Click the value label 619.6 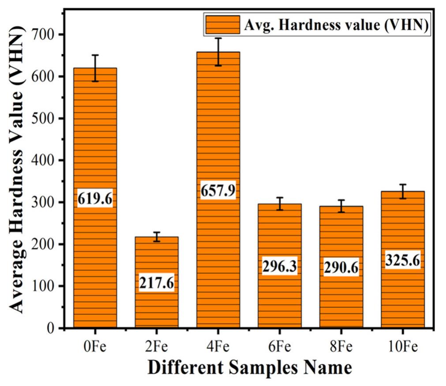(x=95, y=199)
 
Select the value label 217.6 (x=157, y=283)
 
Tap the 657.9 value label (x=218, y=191)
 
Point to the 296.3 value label (x=280, y=266)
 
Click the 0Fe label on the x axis (x=95, y=347)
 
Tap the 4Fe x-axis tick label (x=218, y=347)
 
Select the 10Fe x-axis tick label (x=402, y=347)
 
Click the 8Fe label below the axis (x=341, y=347)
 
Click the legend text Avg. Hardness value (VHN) (x=337, y=26)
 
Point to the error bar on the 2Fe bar (x=157, y=236)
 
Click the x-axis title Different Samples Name (x=250, y=367)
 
